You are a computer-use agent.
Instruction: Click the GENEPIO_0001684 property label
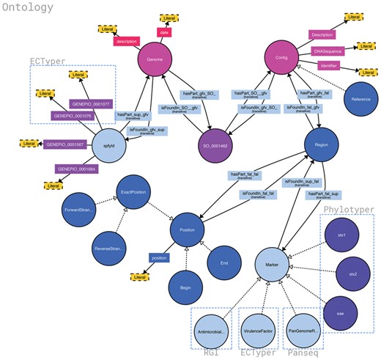(78, 169)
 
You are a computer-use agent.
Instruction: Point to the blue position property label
(159, 258)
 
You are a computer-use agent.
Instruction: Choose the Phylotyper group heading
(348, 210)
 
